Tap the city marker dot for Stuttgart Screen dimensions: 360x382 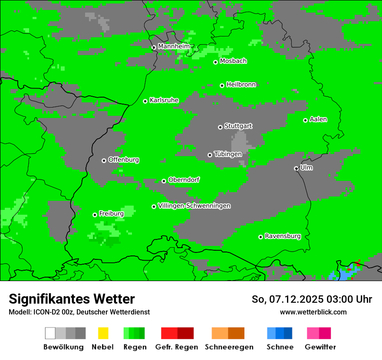click(220, 127)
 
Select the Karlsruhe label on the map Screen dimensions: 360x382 click(164, 100)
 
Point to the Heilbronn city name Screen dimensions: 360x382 click(241, 85)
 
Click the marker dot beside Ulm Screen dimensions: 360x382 click(296, 168)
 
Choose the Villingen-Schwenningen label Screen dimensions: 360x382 click(194, 206)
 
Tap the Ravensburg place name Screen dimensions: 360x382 click(283, 236)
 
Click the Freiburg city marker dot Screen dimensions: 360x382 click(95, 215)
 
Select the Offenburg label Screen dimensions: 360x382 click(124, 160)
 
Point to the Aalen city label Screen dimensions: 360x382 click(318, 119)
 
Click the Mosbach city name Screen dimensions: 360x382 click(233, 61)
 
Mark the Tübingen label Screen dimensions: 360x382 click(228, 154)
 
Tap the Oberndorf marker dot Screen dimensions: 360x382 click(164, 181)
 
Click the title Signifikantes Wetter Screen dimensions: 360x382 click(72, 299)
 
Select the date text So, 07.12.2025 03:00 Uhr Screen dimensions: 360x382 click(312, 299)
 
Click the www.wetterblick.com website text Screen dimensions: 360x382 click(313, 312)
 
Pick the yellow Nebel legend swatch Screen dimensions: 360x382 click(103, 333)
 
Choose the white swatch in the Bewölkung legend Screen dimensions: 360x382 click(50, 333)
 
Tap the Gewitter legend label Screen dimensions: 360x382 click(320, 347)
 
